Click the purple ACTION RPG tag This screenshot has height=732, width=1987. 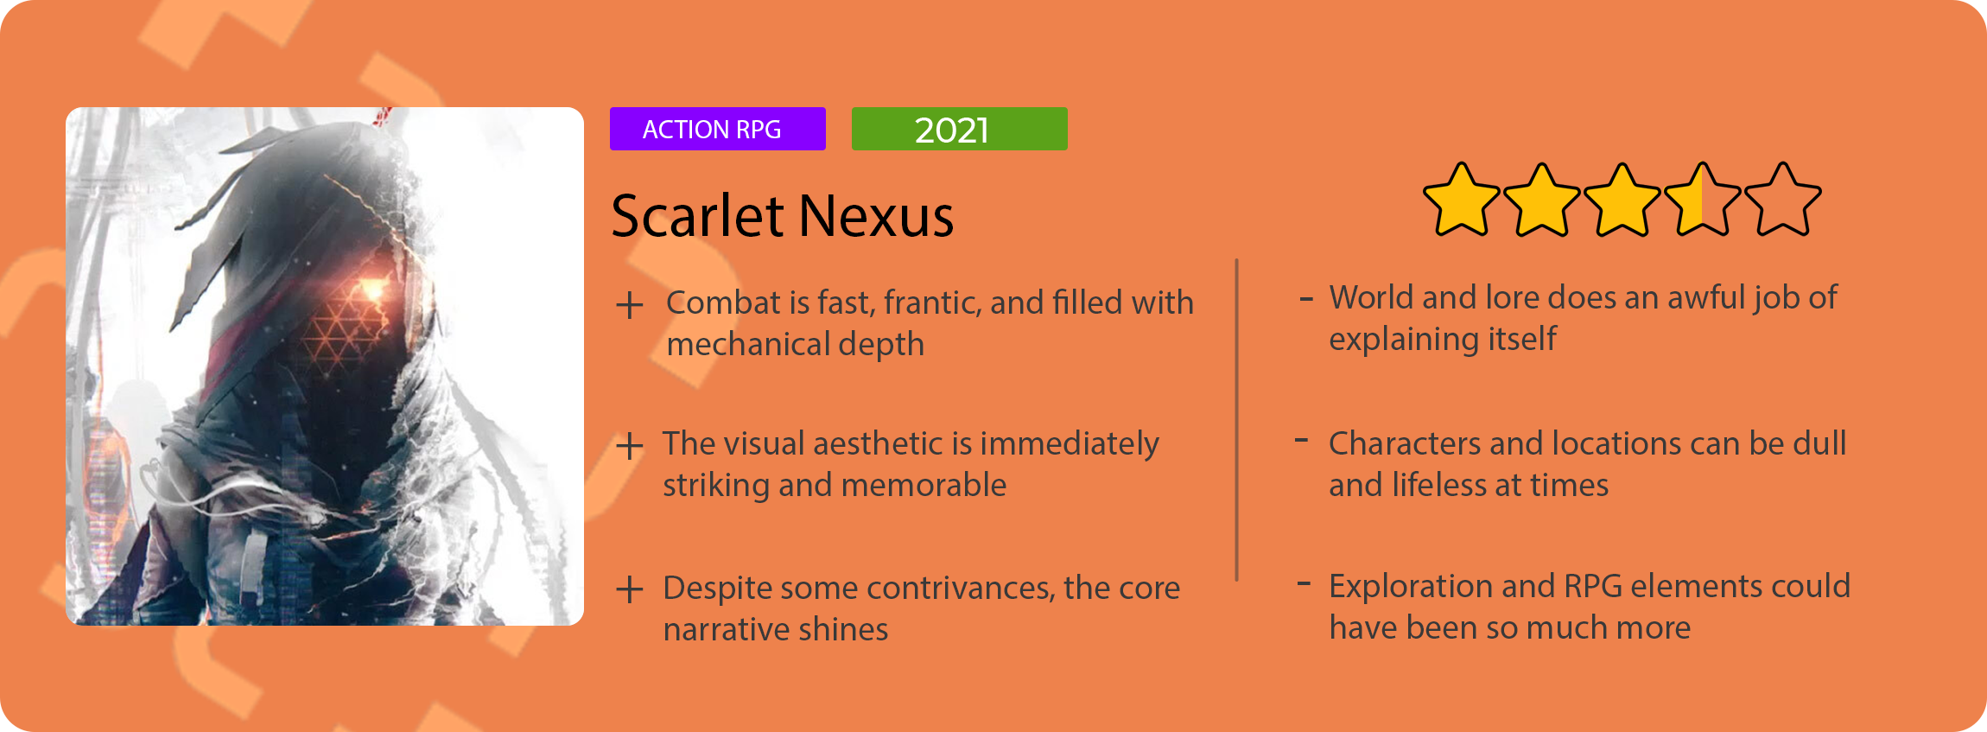pyautogui.click(x=717, y=129)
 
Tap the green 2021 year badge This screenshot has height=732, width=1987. pyautogui.click(x=959, y=129)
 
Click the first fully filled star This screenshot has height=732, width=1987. pyautogui.click(x=1461, y=201)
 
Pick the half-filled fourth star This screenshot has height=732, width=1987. pyautogui.click(x=1702, y=201)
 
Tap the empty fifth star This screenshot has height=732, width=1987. pyautogui.click(x=1782, y=201)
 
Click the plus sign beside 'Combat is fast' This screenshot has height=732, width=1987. pyautogui.click(x=630, y=305)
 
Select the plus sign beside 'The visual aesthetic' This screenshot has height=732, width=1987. pyautogui.click(x=630, y=446)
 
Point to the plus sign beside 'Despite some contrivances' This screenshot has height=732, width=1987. pyautogui.click(x=630, y=589)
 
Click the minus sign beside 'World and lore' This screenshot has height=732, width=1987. pyautogui.click(x=1306, y=300)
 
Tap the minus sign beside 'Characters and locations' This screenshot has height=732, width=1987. pyautogui.click(x=1301, y=441)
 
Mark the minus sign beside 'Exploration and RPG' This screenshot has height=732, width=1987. pyautogui.click(x=1305, y=583)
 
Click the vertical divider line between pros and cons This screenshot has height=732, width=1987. pyautogui.click(x=1237, y=420)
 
